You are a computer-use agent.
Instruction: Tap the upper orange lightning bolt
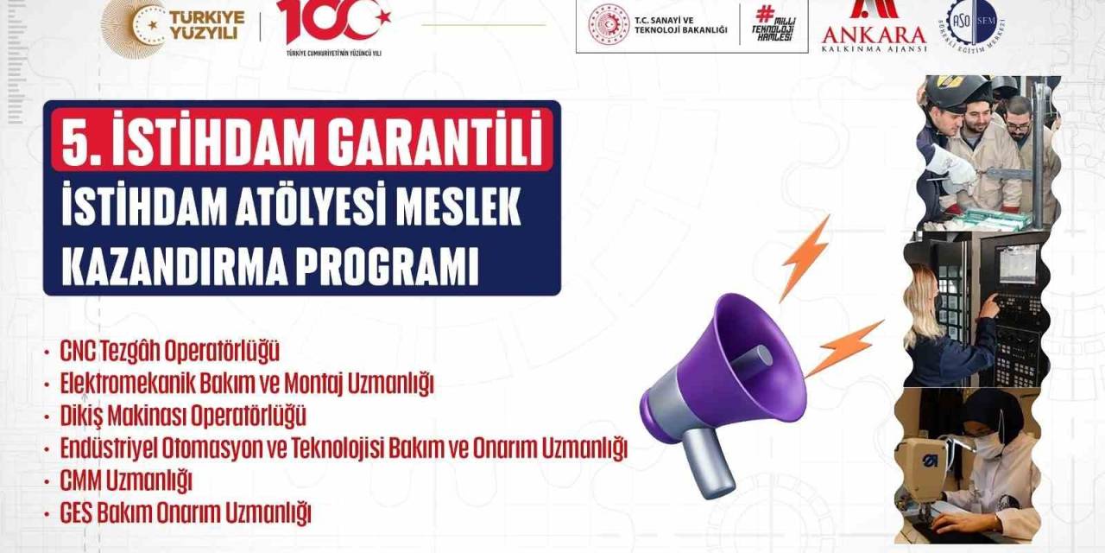(805, 257)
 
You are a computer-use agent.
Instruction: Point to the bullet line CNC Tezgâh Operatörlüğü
(170, 352)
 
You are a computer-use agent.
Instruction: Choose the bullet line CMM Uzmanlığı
(126, 480)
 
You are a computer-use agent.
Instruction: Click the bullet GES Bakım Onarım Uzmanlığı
(186, 512)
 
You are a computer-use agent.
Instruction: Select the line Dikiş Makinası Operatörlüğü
(183, 416)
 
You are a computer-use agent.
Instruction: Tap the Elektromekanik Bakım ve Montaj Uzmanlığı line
(247, 384)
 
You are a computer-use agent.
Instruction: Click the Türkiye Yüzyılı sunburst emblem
(132, 26)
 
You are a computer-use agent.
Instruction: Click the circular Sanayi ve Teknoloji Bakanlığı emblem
(609, 25)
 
